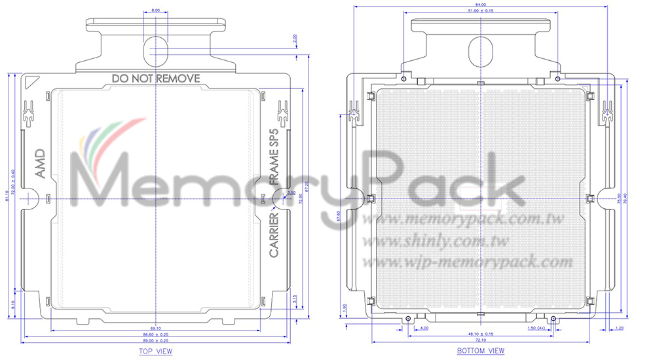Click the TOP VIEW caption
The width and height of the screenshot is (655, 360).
[155, 351]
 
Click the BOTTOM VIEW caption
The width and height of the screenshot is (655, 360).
[481, 351]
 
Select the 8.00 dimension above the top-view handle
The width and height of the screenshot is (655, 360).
[155, 11]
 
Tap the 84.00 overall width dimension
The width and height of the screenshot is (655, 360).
[481, 5]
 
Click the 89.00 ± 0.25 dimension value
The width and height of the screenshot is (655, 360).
[155, 341]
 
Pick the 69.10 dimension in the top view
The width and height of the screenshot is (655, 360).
[155, 327]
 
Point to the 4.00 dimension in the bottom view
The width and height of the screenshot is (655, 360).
[424, 327]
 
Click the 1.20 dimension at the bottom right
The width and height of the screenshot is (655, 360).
[619, 327]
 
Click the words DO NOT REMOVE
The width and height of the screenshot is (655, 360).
[155, 79]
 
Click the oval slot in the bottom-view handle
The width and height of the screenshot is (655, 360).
[481, 50]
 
